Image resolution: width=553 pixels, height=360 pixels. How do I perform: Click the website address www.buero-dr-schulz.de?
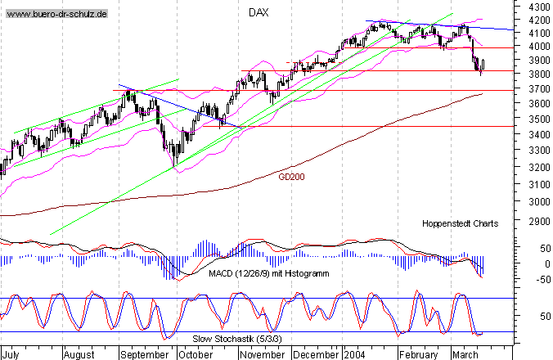55,16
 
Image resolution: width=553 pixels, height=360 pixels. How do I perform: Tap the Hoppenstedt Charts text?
460,223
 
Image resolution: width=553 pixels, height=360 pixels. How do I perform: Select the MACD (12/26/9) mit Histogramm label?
259,273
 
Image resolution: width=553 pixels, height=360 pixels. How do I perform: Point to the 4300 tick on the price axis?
535,6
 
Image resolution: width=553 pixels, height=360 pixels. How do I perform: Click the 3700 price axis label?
535,88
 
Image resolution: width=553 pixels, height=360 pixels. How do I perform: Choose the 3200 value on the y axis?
535,168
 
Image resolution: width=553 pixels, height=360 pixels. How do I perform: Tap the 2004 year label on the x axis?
355,355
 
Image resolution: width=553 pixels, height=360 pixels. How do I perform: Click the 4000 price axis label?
535,47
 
